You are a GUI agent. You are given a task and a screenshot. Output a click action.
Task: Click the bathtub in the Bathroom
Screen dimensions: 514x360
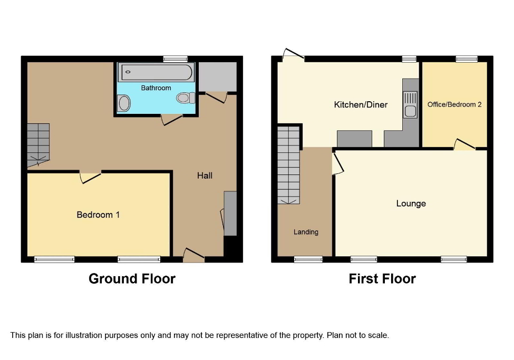pos(156,72)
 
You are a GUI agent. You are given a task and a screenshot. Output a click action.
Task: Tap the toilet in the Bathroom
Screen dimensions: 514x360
pos(186,98)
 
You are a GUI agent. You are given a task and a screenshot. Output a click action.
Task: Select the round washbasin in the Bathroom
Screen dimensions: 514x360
pos(123,103)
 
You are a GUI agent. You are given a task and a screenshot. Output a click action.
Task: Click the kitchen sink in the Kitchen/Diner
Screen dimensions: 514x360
pos(410,104)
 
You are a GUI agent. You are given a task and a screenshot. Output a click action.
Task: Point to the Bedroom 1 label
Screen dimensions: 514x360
pos(98,215)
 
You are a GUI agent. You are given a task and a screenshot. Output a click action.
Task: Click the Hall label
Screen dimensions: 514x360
pos(205,176)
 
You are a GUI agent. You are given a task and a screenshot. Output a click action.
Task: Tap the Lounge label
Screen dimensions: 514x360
pos(411,203)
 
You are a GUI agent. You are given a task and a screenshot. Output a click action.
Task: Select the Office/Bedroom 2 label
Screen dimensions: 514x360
pos(454,104)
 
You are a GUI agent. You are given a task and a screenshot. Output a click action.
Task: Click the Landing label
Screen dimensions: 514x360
pos(306,232)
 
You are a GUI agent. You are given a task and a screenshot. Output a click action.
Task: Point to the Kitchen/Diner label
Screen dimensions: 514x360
pos(361,104)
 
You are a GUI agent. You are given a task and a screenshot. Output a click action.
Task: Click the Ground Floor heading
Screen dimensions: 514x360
pos(132,279)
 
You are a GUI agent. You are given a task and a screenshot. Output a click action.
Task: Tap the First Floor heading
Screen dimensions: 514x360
pos(382,279)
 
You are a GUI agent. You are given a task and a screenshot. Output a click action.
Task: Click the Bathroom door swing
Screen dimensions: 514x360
pos(172,120)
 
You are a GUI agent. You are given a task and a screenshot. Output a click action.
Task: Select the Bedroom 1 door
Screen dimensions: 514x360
pos(90,178)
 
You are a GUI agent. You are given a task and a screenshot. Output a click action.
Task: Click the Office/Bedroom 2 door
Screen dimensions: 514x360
pos(464,144)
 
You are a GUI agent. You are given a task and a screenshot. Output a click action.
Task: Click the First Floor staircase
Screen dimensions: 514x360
pos(289,166)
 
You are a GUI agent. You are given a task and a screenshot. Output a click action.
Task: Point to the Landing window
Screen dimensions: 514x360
pos(308,259)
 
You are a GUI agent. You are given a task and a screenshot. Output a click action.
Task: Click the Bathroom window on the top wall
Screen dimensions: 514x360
pos(176,59)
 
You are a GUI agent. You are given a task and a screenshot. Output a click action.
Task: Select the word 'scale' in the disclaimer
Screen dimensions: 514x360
pos(379,335)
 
